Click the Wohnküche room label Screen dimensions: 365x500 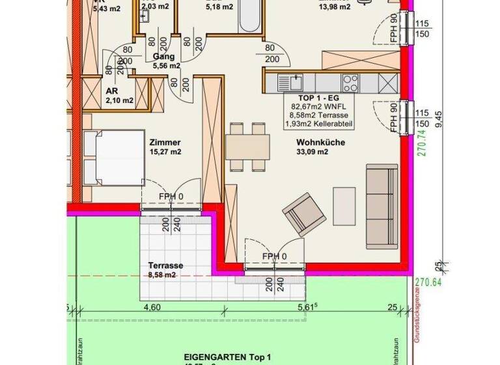coord(320,143)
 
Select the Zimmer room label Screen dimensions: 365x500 coord(164,143)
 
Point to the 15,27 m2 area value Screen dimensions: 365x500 coord(165,153)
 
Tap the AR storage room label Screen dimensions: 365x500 coord(111,91)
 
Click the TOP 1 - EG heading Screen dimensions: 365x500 coord(314,96)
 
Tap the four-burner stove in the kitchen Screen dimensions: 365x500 coord(350,83)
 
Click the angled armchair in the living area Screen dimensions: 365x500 coord(304,213)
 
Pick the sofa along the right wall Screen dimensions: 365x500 coord(382,206)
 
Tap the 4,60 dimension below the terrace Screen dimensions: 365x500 coord(151,308)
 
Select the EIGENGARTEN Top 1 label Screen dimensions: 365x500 coord(227,357)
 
